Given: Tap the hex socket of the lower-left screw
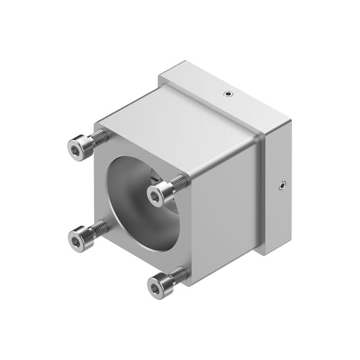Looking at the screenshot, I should point(76,241).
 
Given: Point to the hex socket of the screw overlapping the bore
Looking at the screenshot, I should point(155,196).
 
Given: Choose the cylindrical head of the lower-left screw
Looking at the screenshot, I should point(82,238).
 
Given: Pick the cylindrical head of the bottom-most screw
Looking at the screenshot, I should point(161,286).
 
